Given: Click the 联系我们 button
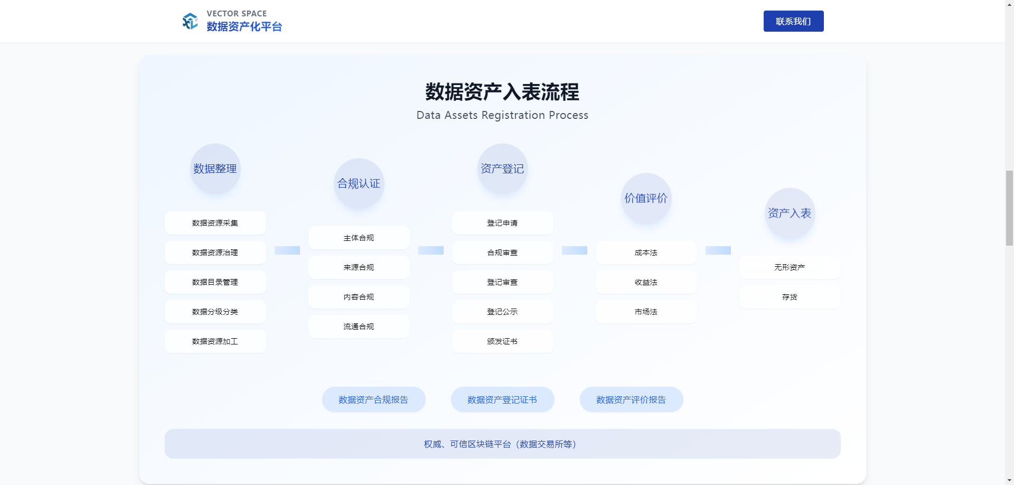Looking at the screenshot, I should [x=793, y=21].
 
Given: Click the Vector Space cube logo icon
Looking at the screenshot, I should [x=190, y=21].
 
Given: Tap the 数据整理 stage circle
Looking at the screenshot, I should [x=215, y=169].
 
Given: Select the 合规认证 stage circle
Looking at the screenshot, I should [x=359, y=183].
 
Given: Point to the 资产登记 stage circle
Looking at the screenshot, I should [x=502, y=169].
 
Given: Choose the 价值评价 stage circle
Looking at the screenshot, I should [x=646, y=198].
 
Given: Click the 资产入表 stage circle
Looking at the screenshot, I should [x=790, y=213].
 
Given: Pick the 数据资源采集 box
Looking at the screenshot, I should [x=215, y=223].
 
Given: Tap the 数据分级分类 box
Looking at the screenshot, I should [x=215, y=312].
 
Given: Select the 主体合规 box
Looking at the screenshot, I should [x=359, y=238].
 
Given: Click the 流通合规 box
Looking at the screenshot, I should [x=359, y=327].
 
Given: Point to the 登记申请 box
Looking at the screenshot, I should [x=502, y=223].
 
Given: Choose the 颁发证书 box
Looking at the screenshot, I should [x=502, y=341].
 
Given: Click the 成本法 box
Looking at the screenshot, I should [x=646, y=253].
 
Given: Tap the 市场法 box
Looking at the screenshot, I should [x=646, y=312].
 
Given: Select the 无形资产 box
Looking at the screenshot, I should [x=790, y=267].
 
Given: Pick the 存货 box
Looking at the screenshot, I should [x=790, y=297].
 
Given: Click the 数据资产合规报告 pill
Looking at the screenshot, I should [x=373, y=399].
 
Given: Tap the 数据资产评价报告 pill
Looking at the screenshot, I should [x=631, y=399].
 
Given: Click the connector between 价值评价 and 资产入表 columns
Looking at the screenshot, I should [x=718, y=250].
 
